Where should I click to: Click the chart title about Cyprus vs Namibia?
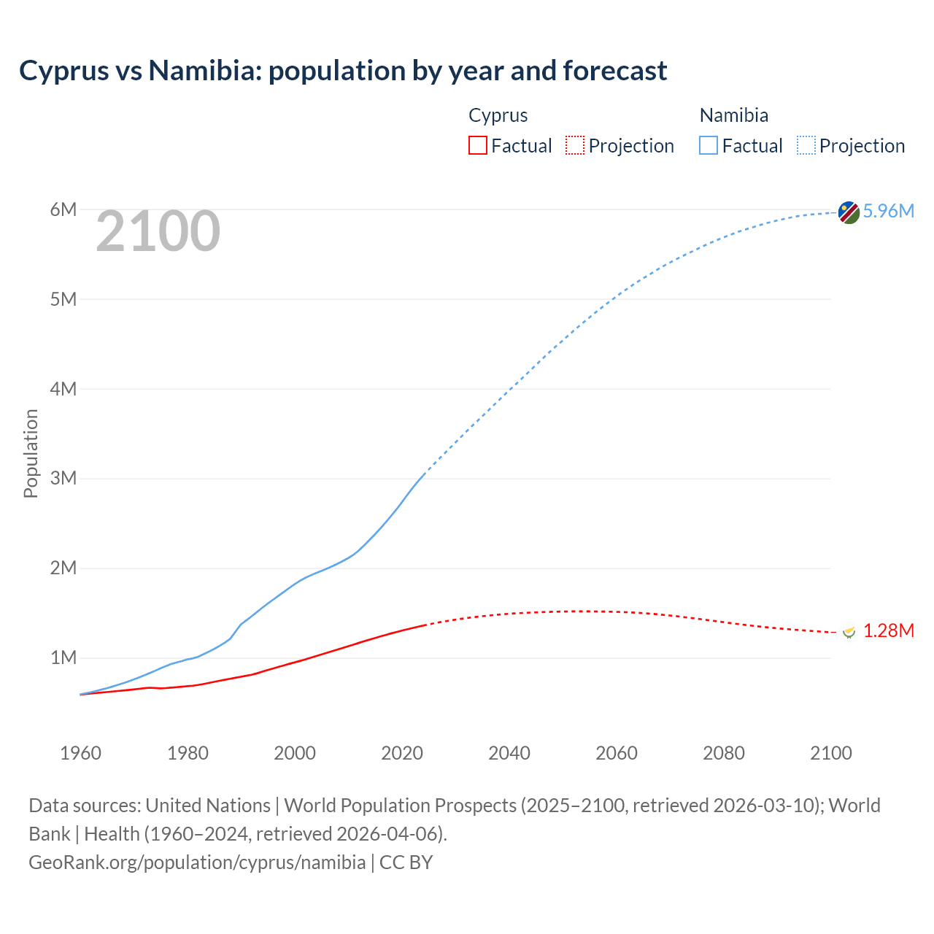click(x=343, y=71)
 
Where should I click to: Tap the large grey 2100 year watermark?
click(x=158, y=231)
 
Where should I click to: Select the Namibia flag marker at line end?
click(x=849, y=212)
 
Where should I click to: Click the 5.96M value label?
click(x=888, y=212)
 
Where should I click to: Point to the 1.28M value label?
click(x=888, y=631)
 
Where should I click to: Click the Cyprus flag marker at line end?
click(x=849, y=632)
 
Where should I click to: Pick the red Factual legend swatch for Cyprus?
click(x=478, y=146)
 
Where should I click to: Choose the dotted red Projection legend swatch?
click(x=575, y=146)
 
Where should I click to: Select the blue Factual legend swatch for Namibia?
click(x=709, y=146)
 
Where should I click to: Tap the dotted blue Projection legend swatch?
click(x=806, y=146)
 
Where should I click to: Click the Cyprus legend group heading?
click(x=498, y=116)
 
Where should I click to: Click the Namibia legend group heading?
click(x=733, y=116)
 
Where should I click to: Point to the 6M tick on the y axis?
click(x=63, y=210)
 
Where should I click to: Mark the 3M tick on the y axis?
click(x=63, y=479)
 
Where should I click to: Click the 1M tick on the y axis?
click(x=63, y=658)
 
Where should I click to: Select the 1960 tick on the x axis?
click(x=80, y=753)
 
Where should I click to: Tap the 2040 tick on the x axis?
click(x=509, y=753)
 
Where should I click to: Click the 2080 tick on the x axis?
click(x=724, y=753)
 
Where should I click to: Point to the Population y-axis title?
click(x=31, y=453)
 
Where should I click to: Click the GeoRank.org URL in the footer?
click(x=197, y=862)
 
